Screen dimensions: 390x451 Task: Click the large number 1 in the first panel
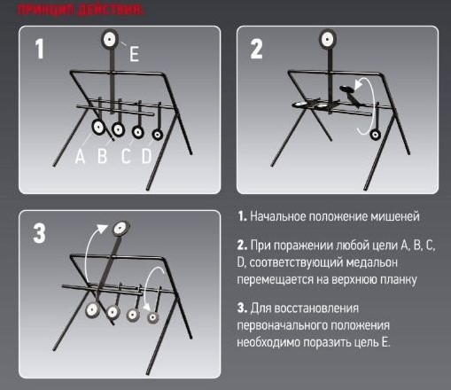pyautogui.click(x=39, y=50)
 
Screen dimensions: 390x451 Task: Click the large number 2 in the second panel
pyautogui.click(x=257, y=50)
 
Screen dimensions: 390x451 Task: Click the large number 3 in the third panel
pyautogui.click(x=40, y=234)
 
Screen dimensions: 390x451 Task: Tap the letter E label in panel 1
pyautogui.click(x=134, y=55)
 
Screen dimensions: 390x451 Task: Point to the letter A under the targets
pyautogui.click(x=81, y=158)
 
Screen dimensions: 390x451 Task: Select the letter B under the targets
pyautogui.click(x=102, y=158)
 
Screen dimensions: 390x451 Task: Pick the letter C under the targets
pyautogui.click(x=126, y=158)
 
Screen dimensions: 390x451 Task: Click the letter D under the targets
pyautogui.click(x=146, y=158)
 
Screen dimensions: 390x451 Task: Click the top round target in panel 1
pyautogui.click(x=112, y=38)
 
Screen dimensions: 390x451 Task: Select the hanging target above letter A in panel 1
pyautogui.click(x=97, y=129)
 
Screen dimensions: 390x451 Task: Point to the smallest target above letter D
pyautogui.click(x=158, y=134)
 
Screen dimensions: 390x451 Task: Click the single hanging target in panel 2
pyautogui.click(x=375, y=134)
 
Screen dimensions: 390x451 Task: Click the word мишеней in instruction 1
pyautogui.click(x=390, y=216)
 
